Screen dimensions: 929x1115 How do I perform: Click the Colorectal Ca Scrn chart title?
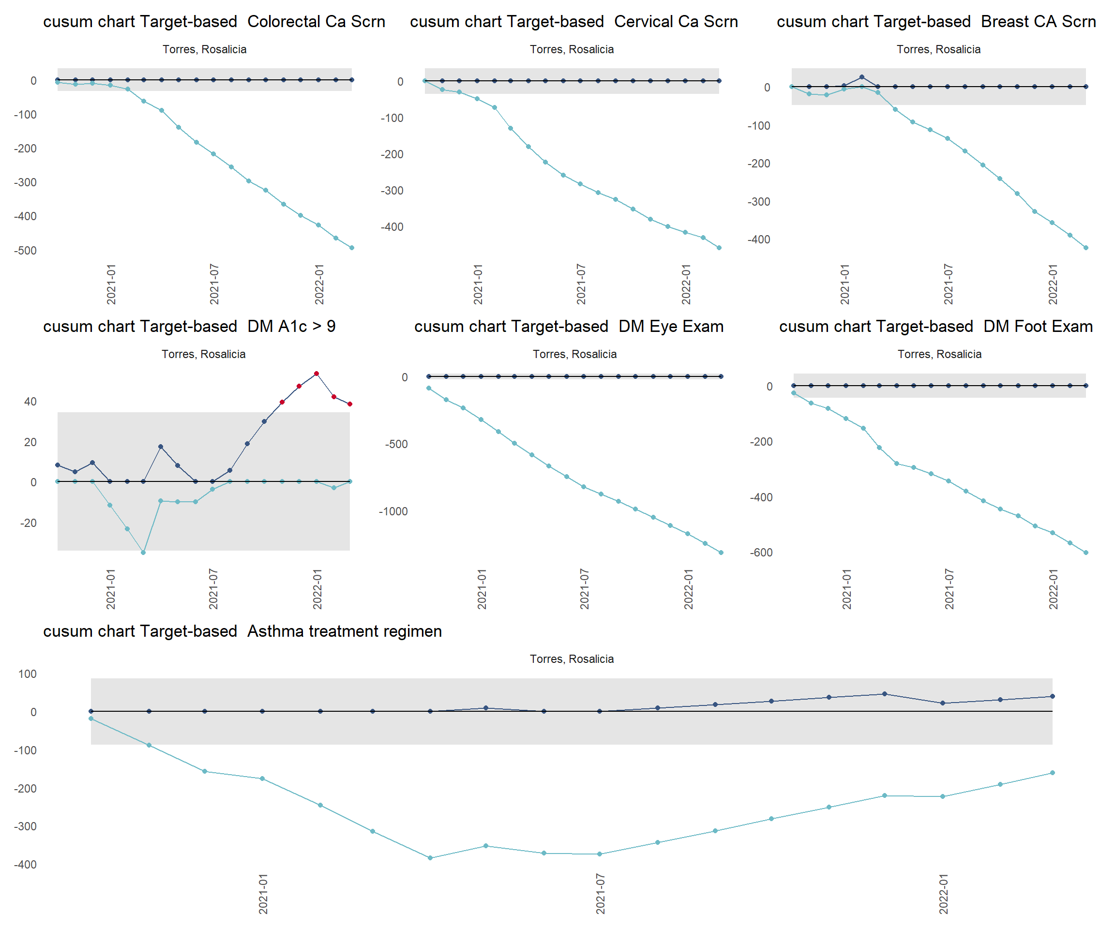[214, 22]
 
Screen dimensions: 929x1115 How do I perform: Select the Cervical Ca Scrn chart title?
[573, 22]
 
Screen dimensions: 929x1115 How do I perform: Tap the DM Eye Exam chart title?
[569, 327]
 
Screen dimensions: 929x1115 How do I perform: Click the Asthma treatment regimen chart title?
[242, 631]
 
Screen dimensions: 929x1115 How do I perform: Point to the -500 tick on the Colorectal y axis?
[26, 251]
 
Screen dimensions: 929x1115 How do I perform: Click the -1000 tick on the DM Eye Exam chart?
[393, 512]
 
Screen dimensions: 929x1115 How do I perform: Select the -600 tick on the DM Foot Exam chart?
[761, 553]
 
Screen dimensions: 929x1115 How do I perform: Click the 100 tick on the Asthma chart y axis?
[27, 674]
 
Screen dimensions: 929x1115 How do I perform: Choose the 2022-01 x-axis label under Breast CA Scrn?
[1053, 284]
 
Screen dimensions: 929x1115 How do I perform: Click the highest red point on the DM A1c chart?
[316, 374]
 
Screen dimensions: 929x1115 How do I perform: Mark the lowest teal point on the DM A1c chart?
[143, 553]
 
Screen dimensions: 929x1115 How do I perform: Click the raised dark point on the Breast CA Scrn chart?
[862, 77]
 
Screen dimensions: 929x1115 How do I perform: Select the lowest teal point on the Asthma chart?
[430, 858]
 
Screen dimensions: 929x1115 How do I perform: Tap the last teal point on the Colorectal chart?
[351, 248]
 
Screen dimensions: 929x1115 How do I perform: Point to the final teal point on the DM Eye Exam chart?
[721, 553]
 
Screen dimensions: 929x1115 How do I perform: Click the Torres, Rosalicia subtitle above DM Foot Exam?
[939, 354]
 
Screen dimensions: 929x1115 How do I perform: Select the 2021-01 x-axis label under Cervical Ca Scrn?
[478, 284]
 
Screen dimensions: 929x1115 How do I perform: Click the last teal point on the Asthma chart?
[1053, 773]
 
